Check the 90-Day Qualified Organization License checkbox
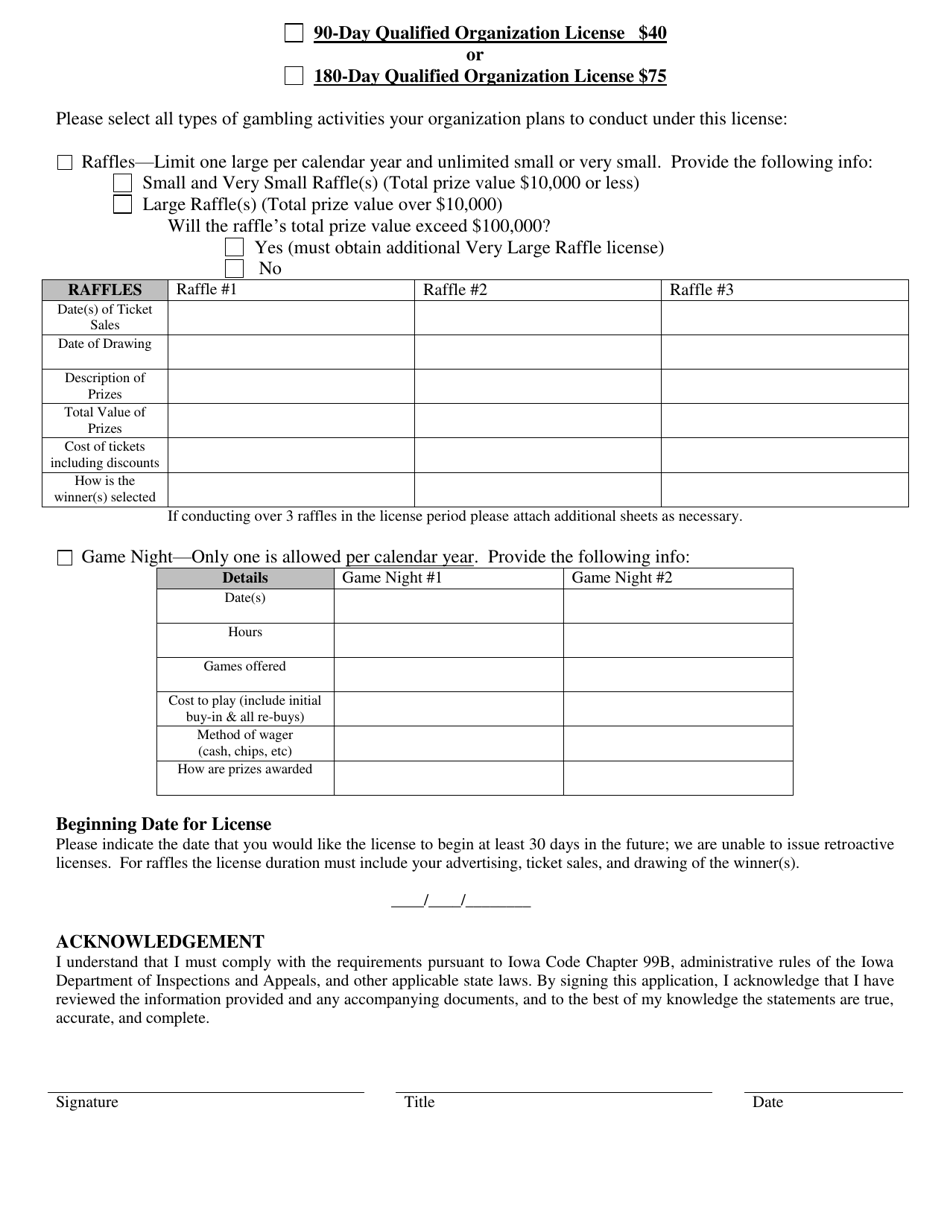[293, 33]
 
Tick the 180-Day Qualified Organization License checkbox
[293, 76]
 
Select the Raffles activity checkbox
[65, 163]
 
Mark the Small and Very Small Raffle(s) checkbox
[122, 183]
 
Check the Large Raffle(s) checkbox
[122, 205]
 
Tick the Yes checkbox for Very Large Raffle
[234, 247]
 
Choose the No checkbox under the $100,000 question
[234, 268]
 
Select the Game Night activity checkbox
[65, 558]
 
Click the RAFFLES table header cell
[105, 290]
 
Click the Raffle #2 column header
[537, 290]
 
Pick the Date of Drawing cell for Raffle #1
[291, 352]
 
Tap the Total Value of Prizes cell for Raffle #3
[784, 420]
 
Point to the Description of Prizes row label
[105, 386]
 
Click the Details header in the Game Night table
[245, 578]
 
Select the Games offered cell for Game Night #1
[448, 674]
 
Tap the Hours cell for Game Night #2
[677, 640]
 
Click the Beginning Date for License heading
[163, 824]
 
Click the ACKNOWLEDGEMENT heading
[160, 942]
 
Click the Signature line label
[87, 1102]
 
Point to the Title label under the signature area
[419, 1102]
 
